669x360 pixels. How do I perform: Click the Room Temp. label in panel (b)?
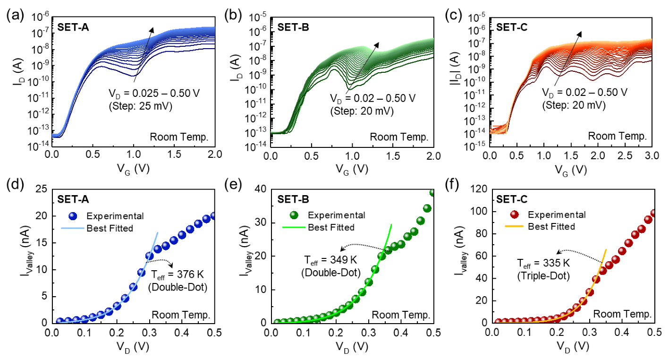coord(399,137)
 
